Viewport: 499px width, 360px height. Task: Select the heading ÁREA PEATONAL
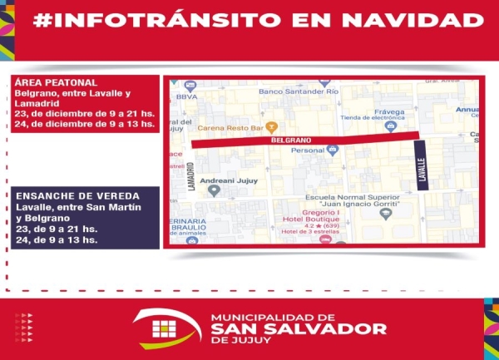click(x=57, y=83)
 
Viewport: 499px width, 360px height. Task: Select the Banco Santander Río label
click(x=300, y=91)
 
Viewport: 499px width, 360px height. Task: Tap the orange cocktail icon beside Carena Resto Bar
click(x=269, y=129)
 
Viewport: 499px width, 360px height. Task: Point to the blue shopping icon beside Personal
click(x=333, y=150)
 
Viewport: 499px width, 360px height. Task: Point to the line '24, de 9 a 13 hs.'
click(x=56, y=239)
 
